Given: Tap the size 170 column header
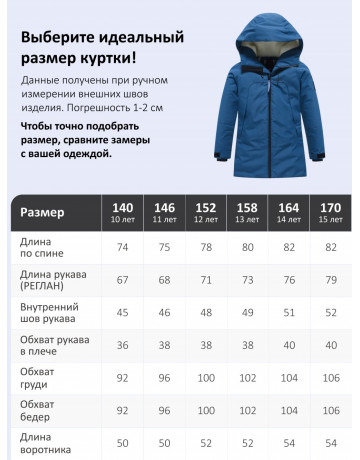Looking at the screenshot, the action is point(328,212).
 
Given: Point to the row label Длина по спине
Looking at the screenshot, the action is point(44,247).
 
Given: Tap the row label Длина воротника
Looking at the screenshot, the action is point(45,445).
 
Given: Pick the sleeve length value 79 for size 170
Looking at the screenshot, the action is point(328,281).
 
